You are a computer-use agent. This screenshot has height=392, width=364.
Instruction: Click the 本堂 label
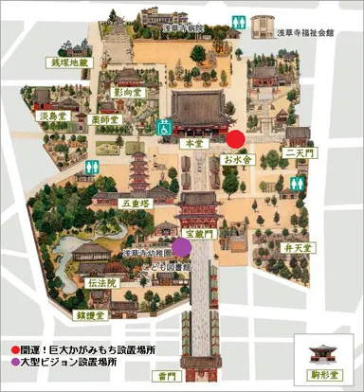pyautogui.click(x=191, y=142)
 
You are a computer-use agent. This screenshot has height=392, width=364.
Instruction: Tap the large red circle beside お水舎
pyautogui.click(x=236, y=139)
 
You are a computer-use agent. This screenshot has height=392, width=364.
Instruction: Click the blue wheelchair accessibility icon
pyautogui.click(x=163, y=123)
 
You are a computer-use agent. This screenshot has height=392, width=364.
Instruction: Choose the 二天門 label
pyautogui.click(x=298, y=151)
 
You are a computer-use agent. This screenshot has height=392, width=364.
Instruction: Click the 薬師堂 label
pyautogui.click(x=104, y=119)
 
